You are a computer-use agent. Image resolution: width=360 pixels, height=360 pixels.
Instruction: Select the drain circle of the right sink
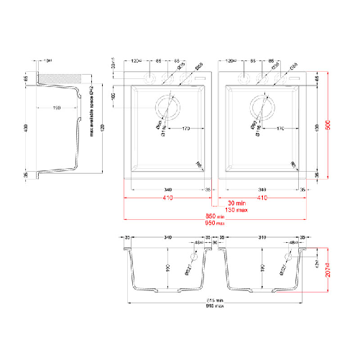click(x=264, y=107)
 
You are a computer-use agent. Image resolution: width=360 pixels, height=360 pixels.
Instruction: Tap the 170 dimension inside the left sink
click(x=185, y=129)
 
